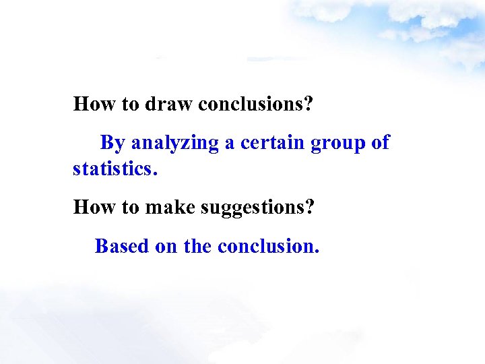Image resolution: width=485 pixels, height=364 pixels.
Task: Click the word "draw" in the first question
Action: (169, 104)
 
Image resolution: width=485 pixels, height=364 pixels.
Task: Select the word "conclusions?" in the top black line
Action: (257, 104)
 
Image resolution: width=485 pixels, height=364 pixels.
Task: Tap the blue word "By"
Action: (112, 143)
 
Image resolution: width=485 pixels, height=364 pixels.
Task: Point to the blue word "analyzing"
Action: (176, 143)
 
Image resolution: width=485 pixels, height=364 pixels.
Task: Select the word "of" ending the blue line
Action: (381, 143)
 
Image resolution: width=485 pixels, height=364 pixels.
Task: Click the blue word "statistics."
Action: (115, 168)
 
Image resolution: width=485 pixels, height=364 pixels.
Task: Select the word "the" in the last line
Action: (197, 246)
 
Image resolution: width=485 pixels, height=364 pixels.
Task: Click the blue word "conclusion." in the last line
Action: (268, 246)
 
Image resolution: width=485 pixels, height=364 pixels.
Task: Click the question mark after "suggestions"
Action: (310, 207)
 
